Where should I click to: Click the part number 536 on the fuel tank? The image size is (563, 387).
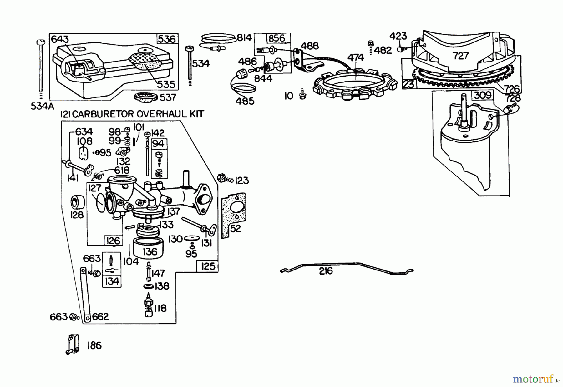(167, 39)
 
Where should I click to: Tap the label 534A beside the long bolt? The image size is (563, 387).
(42, 107)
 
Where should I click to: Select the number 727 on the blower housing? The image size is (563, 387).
(460, 56)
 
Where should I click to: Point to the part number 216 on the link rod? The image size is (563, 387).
(326, 271)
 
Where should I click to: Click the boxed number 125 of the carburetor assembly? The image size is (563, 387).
(208, 266)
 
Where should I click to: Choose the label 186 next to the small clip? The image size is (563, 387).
(94, 345)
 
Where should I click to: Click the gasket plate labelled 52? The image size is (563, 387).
(233, 216)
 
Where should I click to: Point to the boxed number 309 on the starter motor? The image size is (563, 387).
(483, 95)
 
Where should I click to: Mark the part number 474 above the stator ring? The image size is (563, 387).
(356, 57)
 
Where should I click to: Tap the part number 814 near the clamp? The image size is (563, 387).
(244, 38)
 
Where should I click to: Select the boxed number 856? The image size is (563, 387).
(276, 38)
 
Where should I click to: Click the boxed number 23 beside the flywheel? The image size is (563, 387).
(408, 84)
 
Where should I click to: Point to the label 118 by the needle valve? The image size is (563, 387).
(160, 309)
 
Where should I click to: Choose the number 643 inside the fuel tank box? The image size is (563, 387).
(60, 39)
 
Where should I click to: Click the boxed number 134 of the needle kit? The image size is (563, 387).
(112, 281)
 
